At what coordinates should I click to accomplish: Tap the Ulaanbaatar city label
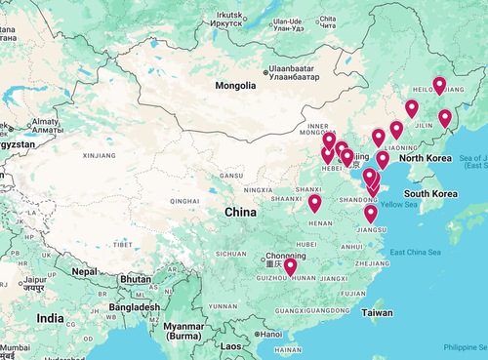pyautogui.click(x=300, y=71)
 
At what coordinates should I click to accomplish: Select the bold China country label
pyautogui.click(x=240, y=212)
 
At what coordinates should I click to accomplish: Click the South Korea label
pyautogui.click(x=431, y=193)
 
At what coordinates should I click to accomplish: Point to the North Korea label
pyautogui.click(x=426, y=158)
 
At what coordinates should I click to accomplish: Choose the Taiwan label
pyautogui.click(x=378, y=312)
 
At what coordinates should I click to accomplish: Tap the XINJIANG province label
pyautogui.click(x=100, y=154)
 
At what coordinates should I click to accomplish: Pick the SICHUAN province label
pyautogui.click(x=232, y=254)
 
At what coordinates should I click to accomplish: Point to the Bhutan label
pyautogui.click(x=135, y=279)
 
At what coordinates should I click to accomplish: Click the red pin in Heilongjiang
pyautogui.click(x=439, y=85)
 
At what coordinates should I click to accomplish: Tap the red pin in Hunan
pyautogui.click(x=290, y=266)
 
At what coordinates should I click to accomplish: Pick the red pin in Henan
pyautogui.click(x=314, y=203)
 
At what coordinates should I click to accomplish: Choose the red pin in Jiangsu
pyautogui.click(x=370, y=214)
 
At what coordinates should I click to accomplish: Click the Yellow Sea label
pyautogui.click(x=397, y=204)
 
